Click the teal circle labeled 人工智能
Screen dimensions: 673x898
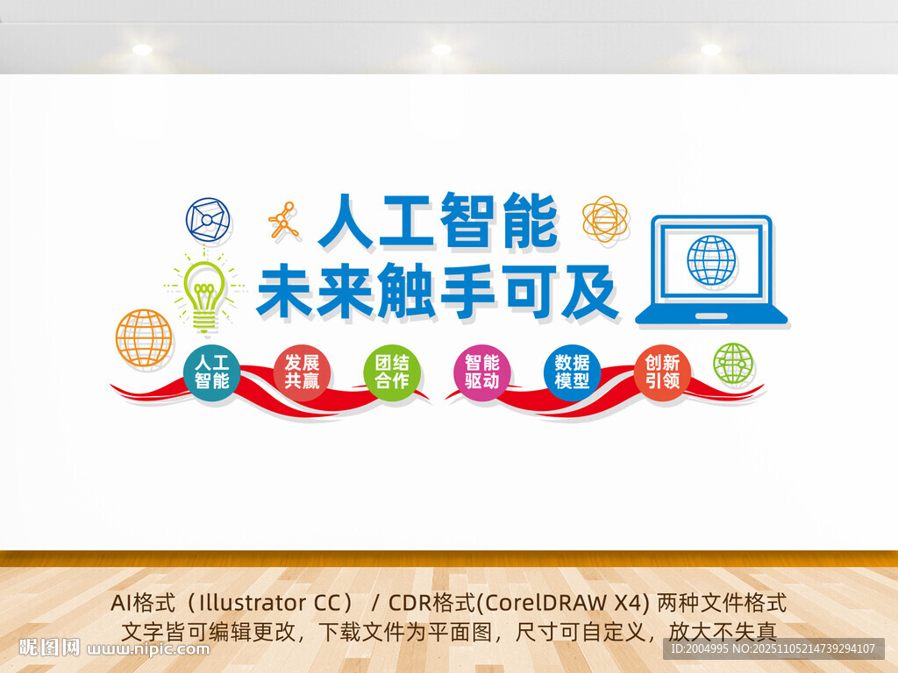pyautogui.click(x=211, y=372)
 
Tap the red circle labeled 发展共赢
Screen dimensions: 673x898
pyautogui.click(x=302, y=372)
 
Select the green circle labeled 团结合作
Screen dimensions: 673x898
pyautogui.click(x=392, y=372)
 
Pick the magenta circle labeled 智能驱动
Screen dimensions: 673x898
pyautogui.click(x=482, y=372)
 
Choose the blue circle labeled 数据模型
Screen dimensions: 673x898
pyautogui.click(x=572, y=372)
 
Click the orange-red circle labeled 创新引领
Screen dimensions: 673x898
pyautogui.click(x=662, y=372)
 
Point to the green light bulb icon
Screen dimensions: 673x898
pyautogui.click(x=204, y=294)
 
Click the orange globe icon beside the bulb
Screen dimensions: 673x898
pyautogui.click(x=144, y=337)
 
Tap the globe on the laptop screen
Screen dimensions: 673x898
pyautogui.click(x=711, y=260)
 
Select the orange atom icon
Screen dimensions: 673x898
pyautogui.click(x=605, y=219)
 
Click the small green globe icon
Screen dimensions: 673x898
pyautogui.click(x=733, y=364)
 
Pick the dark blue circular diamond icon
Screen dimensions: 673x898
pyautogui.click(x=208, y=220)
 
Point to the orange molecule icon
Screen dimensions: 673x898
pyautogui.click(x=283, y=221)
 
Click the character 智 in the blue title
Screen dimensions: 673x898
pyautogui.click(x=464, y=221)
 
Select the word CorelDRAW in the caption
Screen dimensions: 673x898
pyautogui.click(x=587, y=603)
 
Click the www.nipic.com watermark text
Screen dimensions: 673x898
pyautogui.click(x=149, y=649)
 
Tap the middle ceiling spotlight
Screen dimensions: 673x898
pyautogui.click(x=441, y=50)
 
